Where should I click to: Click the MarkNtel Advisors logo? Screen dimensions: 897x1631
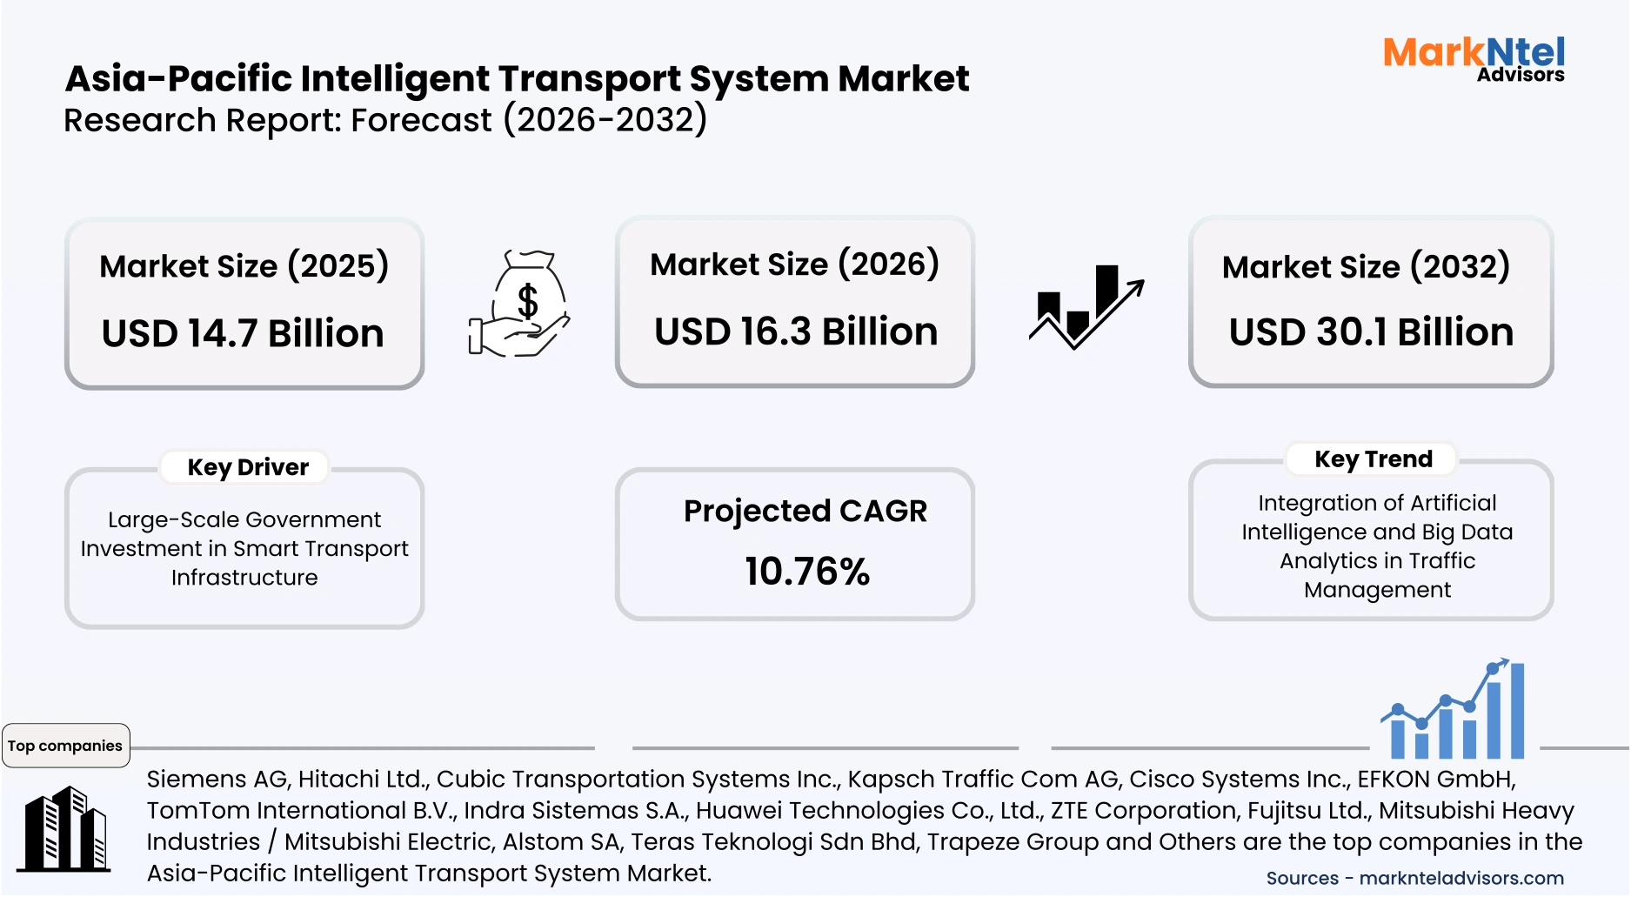pyautogui.click(x=1474, y=58)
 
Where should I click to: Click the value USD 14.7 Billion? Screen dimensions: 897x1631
pyautogui.click(x=243, y=334)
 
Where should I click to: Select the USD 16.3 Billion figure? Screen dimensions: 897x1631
pyautogui.click(x=796, y=332)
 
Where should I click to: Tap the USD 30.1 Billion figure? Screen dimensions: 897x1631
pyautogui.click(x=1371, y=332)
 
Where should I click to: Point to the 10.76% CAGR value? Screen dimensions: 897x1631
pyautogui.click(x=806, y=572)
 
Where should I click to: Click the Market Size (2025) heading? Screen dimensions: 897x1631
pyautogui.click(x=244, y=266)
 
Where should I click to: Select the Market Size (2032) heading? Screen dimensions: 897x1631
pyautogui.click(x=1366, y=267)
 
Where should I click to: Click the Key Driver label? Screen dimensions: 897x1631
pyautogui.click(x=248, y=467)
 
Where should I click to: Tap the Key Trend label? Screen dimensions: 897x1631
pyautogui.click(x=1373, y=459)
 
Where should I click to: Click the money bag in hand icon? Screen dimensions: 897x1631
pyautogui.click(x=519, y=305)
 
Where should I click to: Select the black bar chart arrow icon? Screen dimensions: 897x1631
pyautogui.click(x=1086, y=306)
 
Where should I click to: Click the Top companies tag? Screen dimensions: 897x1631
pyautogui.click(x=65, y=746)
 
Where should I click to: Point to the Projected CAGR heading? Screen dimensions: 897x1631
pyautogui.click(x=805, y=512)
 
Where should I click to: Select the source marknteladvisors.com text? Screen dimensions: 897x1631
pyautogui.click(x=1461, y=879)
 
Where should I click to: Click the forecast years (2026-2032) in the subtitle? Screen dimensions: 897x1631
pyautogui.click(x=605, y=120)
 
